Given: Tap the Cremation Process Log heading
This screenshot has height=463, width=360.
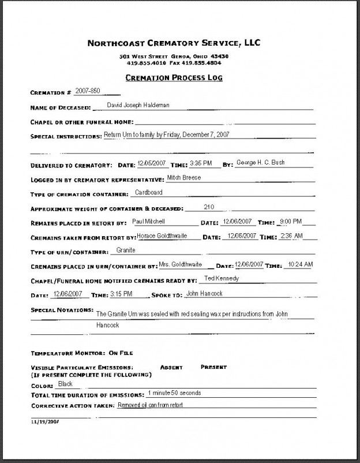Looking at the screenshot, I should (174, 77).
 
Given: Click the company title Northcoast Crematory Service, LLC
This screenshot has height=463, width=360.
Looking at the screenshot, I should (174, 43).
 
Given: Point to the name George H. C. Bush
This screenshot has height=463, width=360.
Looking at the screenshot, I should (261, 163).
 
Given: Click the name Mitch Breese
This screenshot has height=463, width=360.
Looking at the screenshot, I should (183, 178).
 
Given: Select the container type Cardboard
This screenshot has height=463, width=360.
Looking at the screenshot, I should (149, 192).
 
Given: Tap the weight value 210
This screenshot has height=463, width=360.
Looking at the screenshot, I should (209, 207).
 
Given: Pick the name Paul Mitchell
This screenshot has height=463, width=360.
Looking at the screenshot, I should (149, 222).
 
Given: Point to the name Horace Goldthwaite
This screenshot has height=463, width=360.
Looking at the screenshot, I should (166, 236).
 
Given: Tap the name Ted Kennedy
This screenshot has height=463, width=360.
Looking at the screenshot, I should (222, 278).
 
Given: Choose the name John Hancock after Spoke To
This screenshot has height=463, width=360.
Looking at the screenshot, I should (205, 293).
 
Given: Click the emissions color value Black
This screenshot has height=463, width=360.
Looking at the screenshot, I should (65, 383).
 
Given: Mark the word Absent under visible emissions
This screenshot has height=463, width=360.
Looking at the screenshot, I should (171, 367).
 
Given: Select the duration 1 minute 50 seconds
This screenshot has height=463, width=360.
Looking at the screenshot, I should (174, 393).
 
